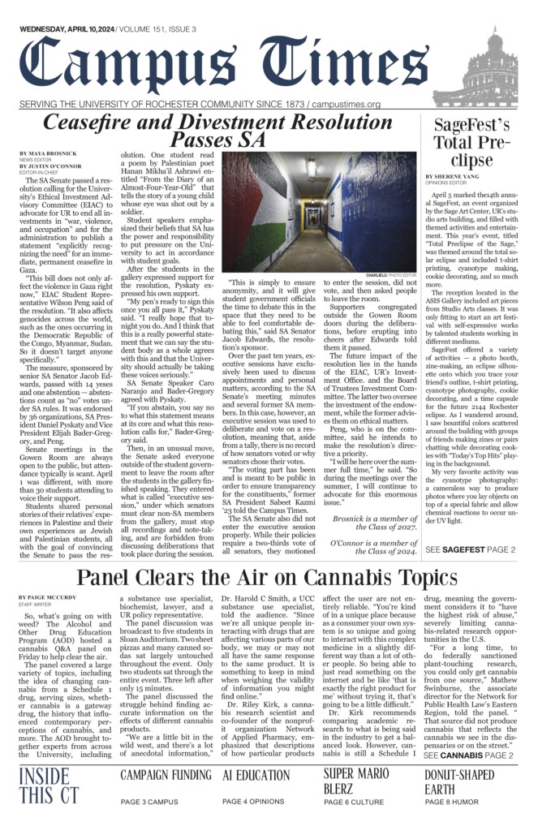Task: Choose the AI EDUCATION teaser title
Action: pos(256,775)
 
